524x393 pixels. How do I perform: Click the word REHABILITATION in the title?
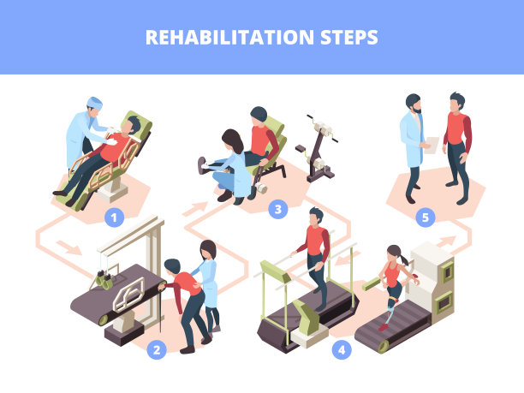(x=229, y=37)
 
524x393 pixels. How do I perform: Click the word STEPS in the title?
(x=348, y=37)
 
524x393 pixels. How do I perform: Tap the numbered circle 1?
(x=114, y=217)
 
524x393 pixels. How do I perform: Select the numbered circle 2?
(x=157, y=350)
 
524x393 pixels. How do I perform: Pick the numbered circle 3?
(x=277, y=209)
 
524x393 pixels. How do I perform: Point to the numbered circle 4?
(x=342, y=350)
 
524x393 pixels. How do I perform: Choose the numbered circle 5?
(x=425, y=217)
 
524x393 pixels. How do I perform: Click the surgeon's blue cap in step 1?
(x=94, y=103)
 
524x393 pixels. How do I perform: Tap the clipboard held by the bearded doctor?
(x=432, y=145)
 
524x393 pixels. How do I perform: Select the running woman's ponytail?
(x=404, y=259)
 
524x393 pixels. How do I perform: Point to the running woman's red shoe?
(x=383, y=327)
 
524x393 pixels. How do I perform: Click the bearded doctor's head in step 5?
(x=414, y=104)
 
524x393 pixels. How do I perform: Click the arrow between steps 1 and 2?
(x=68, y=247)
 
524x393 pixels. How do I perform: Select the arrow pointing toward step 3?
(x=195, y=209)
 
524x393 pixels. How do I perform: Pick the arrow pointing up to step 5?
(x=446, y=241)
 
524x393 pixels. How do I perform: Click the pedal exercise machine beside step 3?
(x=317, y=149)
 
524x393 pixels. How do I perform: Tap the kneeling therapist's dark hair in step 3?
(x=233, y=140)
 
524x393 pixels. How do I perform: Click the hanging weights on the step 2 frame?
(x=104, y=280)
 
